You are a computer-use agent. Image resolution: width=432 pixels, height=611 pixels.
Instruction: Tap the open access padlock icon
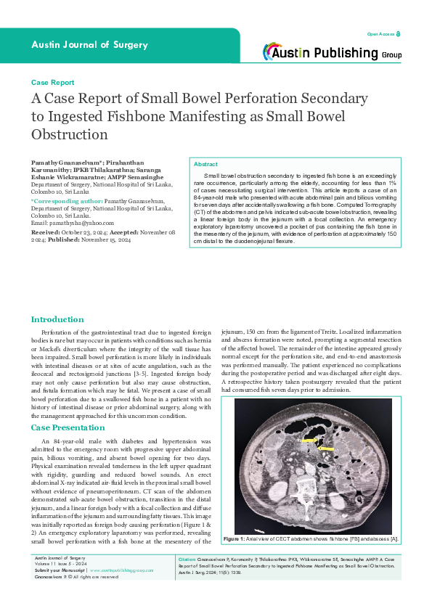point(398,34)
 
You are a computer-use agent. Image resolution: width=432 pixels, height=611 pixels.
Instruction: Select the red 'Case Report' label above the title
point(52,83)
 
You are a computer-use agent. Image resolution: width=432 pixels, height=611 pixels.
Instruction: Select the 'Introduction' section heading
point(57,319)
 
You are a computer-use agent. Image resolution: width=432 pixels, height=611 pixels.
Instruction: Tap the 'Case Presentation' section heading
point(68,428)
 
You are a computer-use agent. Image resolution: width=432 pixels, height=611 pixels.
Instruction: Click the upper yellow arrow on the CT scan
point(309,440)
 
